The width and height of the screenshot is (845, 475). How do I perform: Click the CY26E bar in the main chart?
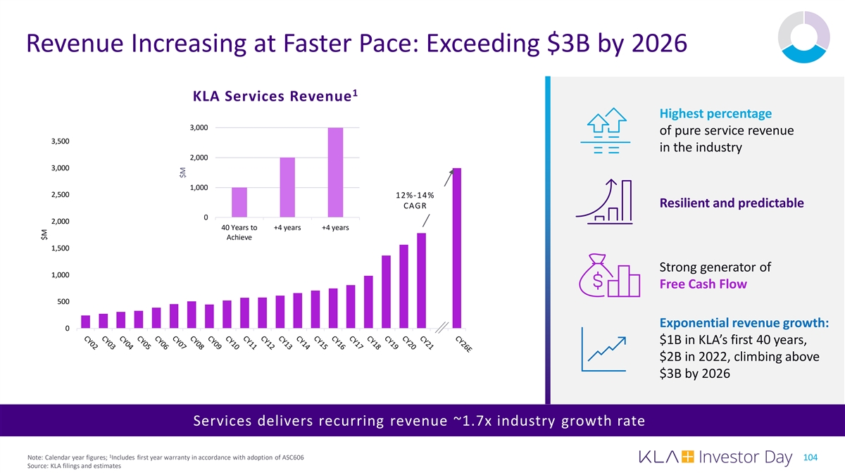pyautogui.click(x=457, y=248)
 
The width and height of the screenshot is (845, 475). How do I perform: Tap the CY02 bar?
pyautogui.click(x=85, y=322)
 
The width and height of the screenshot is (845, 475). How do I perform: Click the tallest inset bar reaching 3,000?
pyautogui.click(x=334, y=172)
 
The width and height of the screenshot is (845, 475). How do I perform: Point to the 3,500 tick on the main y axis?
pyautogui.click(x=60, y=141)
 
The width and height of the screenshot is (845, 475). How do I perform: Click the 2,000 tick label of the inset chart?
pyautogui.click(x=197, y=158)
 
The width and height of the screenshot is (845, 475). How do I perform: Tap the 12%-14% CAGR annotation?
pyautogui.click(x=414, y=200)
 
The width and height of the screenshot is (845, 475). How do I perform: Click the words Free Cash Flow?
pyautogui.click(x=703, y=284)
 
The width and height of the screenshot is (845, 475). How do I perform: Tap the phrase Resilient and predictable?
pyautogui.click(x=732, y=203)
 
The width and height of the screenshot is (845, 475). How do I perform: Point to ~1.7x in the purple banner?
pyautogui.click(x=471, y=421)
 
